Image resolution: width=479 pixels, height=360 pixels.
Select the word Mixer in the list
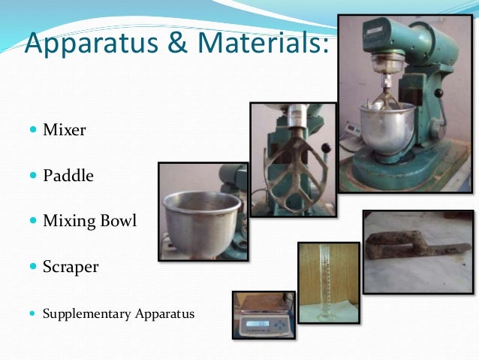pos(64,130)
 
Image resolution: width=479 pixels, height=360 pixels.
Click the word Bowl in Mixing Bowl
pos(116,222)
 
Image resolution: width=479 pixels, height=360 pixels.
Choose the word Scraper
pos(71,267)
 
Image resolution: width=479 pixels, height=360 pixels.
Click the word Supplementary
pos(85,313)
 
